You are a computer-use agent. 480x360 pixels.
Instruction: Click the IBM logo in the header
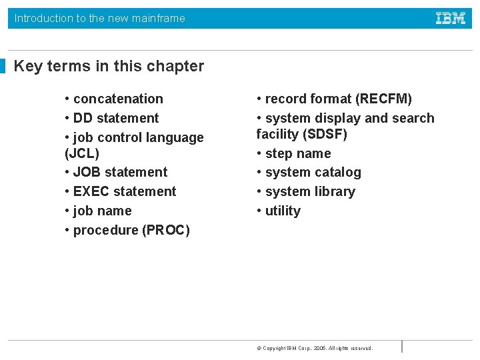click(451, 19)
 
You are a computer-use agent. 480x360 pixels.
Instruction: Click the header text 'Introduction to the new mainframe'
click(100, 19)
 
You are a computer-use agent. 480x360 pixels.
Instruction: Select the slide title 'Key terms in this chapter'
click(109, 66)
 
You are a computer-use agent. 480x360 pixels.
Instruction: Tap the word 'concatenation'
click(118, 99)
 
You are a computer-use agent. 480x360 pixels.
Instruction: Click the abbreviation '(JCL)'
click(82, 153)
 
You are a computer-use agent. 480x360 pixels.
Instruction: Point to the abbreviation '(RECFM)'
click(383, 99)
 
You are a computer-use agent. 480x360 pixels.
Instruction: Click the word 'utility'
click(283, 211)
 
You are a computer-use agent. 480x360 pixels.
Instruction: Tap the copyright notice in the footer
click(314, 348)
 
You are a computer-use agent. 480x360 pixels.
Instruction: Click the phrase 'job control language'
click(138, 137)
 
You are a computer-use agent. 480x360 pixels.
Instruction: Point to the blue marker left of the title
click(3, 66)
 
